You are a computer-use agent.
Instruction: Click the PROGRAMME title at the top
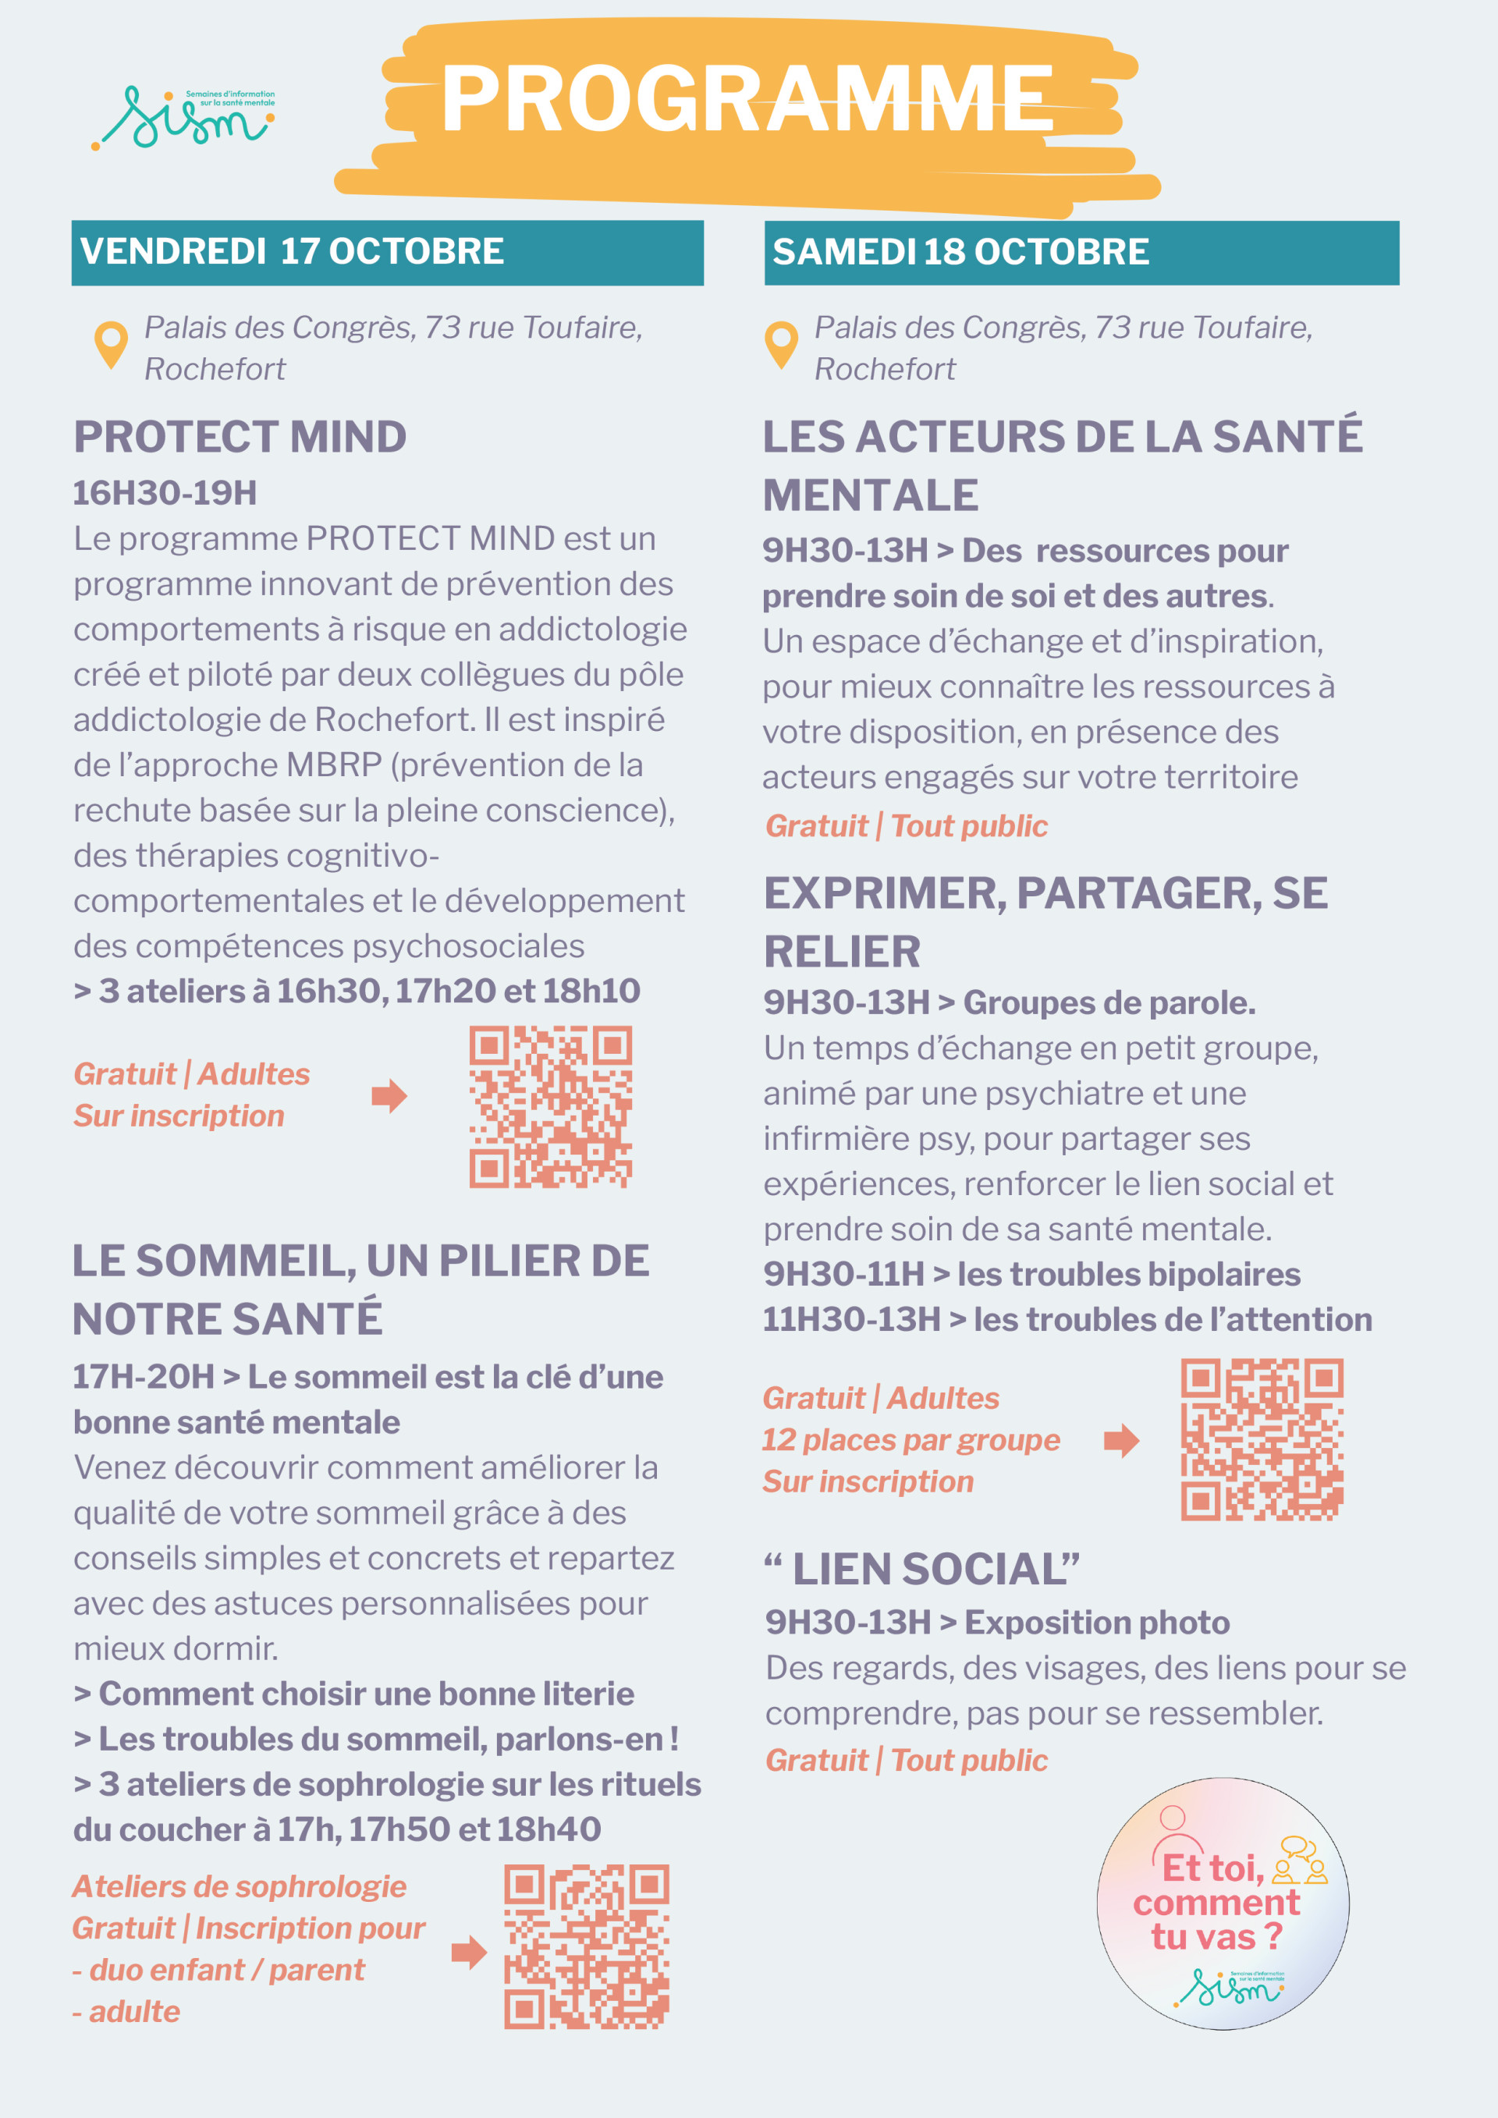pyautogui.click(x=747, y=100)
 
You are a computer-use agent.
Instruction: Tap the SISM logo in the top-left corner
pyautogui.click(x=184, y=118)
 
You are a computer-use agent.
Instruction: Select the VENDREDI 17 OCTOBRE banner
pyautogui.click(x=388, y=252)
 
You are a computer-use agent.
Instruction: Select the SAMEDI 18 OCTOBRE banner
pyautogui.click(x=1081, y=252)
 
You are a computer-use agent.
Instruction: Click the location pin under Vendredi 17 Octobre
pyautogui.click(x=112, y=345)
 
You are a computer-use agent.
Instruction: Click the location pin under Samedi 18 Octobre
pyautogui.click(x=781, y=345)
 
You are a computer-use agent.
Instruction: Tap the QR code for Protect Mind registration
pyautogui.click(x=551, y=1106)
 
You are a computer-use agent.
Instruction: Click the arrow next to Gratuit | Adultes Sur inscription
pyautogui.click(x=389, y=1096)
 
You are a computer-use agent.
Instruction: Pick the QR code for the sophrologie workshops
pyautogui.click(x=586, y=1946)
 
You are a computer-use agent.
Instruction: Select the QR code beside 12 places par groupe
pyautogui.click(x=1262, y=1439)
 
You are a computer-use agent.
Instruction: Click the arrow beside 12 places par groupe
pyautogui.click(x=1122, y=1440)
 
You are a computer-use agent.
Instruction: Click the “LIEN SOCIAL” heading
pyautogui.click(x=922, y=1569)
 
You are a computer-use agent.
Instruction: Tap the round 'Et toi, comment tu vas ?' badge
pyautogui.click(x=1223, y=1904)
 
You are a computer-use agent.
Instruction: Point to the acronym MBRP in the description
pyautogui.click(x=334, y=765)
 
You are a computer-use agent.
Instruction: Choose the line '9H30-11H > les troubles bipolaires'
pyautogui.click(x=1031, y=1274)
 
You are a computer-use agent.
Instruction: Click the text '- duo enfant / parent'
pyautogui.click(x=218, y=1970)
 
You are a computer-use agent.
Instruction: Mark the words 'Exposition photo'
pyautogui.click(x=1097, y=1623)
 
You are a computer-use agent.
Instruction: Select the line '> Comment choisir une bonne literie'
pyautogui.click(x=354, y=1694)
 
